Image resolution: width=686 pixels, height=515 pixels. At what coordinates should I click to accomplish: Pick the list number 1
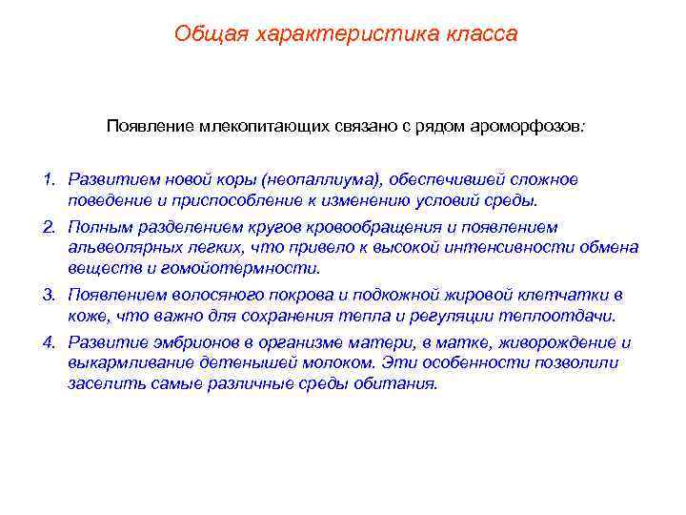pyautogui.click(x=47, y=179)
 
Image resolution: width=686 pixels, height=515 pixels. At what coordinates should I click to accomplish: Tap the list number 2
pyautogui.click(x=47, y=227)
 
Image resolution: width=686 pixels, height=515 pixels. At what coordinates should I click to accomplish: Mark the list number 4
pyautogui.click(x=47, y=341)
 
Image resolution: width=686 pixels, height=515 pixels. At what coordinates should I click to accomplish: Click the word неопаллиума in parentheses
pyautogui.click(x=327, y=179)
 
